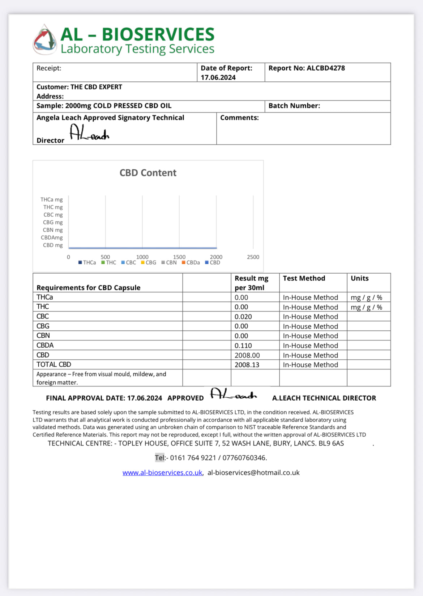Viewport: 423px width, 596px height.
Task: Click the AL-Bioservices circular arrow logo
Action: tap(45, 40)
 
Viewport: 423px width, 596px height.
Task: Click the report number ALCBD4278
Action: tap(325, 68)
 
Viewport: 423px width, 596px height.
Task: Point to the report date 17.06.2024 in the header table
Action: tap(218, 77)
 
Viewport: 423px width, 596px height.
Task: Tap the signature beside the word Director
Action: tap(89, 133)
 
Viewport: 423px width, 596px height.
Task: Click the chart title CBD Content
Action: tap(148, 173)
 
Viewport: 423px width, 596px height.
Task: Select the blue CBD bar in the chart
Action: tap(142, 248)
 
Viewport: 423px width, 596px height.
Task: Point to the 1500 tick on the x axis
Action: tap(179, 257)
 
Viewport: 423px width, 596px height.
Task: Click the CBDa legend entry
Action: tap(191, 263)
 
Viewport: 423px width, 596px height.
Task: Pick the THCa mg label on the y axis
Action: tap(52, 199)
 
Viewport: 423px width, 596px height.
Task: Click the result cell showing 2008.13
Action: tap(247, 365)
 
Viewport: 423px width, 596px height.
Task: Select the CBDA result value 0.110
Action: tap(243, 346)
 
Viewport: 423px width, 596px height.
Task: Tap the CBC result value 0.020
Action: tap(243, 317)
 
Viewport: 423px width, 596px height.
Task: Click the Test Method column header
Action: tap(304, 278)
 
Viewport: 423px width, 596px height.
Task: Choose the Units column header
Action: tap(359, 278)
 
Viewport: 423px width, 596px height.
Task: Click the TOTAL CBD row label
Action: tap(54, 364)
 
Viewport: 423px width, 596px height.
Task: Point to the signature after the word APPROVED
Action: tap(234, 394)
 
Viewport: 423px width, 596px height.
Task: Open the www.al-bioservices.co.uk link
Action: tap(162, 473)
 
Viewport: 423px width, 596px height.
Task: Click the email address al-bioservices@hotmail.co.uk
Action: tap(253, 473)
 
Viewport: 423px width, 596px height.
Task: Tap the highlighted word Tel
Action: tap(159, 458)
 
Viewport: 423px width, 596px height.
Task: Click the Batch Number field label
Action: tap(294, 106)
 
